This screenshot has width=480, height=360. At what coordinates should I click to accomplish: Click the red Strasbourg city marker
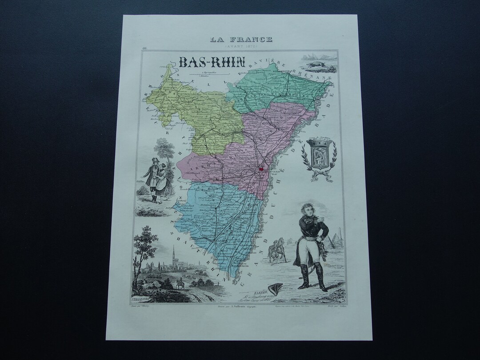261,168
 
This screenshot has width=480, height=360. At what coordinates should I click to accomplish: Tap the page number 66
145,49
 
